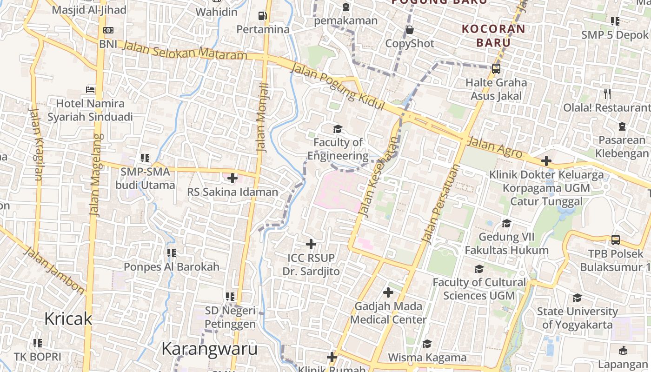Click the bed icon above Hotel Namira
(x=91, y=89)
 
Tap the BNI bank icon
(x=108, y=30)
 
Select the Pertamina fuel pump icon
(x=263, y=16)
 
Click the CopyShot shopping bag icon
(x=410, y=30)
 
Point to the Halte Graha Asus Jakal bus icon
(x=496, y=69)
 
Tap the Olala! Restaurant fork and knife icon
(x=607, y=94)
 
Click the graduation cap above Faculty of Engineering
(x=338, y=129)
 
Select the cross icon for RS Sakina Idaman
(x=232, y=178)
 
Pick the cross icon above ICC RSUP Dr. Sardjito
(x=311, y=244)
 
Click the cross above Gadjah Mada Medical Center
(x=388, y=292)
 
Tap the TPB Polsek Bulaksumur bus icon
(x=616, y=240)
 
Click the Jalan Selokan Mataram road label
(x=185, y=50)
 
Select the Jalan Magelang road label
(x=96, y=174)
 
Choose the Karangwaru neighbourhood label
(x=209, y=349)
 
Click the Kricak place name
(x=68, y=319)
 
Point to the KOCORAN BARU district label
(x=493, y=35)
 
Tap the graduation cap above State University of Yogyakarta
(x=577, y=298)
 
